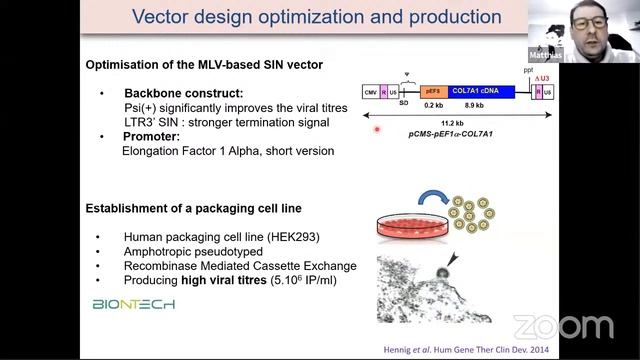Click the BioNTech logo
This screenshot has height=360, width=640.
tap(133, 303)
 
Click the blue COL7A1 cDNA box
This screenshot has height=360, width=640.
tap(481, 91)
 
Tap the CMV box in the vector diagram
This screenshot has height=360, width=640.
tap(370, 91)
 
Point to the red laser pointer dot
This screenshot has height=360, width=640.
tap(377, 129)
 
